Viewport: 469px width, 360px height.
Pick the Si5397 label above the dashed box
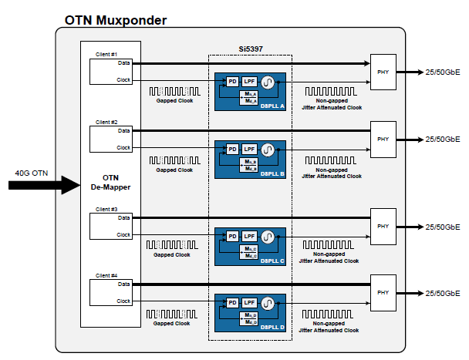pyautogui.click(x=249, y=48)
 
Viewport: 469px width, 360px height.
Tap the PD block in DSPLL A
pyautogui.click(x=231, y=81)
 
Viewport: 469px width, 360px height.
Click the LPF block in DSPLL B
pyautogui.click(x=249, y=148)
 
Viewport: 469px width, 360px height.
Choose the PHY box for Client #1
pyautogui.click(x=383, y=71)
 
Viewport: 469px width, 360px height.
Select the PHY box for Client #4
pyautogui.click(x=383, y=292)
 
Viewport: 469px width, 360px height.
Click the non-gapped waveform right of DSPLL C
pyautogui.click(x=330, y=246)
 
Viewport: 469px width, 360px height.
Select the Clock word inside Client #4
pyautogui.click(x=123, y=301)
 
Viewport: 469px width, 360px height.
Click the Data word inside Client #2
pyautogui.click(x=124, y=131)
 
